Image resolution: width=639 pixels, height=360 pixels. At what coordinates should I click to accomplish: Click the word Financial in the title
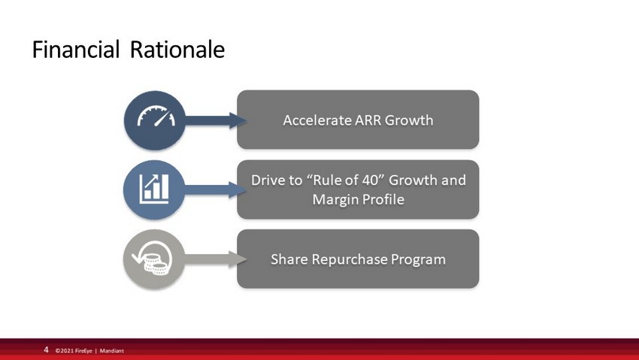[x=76, y=50]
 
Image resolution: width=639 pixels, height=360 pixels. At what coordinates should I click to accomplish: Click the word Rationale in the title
[x=177, y=50]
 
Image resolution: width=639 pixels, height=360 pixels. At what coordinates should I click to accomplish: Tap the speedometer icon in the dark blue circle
[x=156, y=116]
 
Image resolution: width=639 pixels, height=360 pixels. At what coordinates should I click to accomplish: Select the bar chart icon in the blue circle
[x=154, y=189]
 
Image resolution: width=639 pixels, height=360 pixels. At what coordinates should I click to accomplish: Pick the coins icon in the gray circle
[x=153, y=259]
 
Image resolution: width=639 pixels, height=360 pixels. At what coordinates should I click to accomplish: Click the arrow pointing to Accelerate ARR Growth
[x=216, y=120]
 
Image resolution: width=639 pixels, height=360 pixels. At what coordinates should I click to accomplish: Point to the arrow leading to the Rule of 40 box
[x=215, y=190]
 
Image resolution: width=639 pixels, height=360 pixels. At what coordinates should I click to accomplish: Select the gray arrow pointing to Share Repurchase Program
[x=215, y=259]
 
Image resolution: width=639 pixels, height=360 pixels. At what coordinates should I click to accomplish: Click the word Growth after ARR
[x=409, y=120]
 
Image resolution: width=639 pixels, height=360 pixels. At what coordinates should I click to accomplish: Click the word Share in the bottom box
[x=289, y=259]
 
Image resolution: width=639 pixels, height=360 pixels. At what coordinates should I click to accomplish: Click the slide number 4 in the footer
[x=46, y=349]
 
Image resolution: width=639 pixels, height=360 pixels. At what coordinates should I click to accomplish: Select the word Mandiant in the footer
[x=112, y=351]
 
